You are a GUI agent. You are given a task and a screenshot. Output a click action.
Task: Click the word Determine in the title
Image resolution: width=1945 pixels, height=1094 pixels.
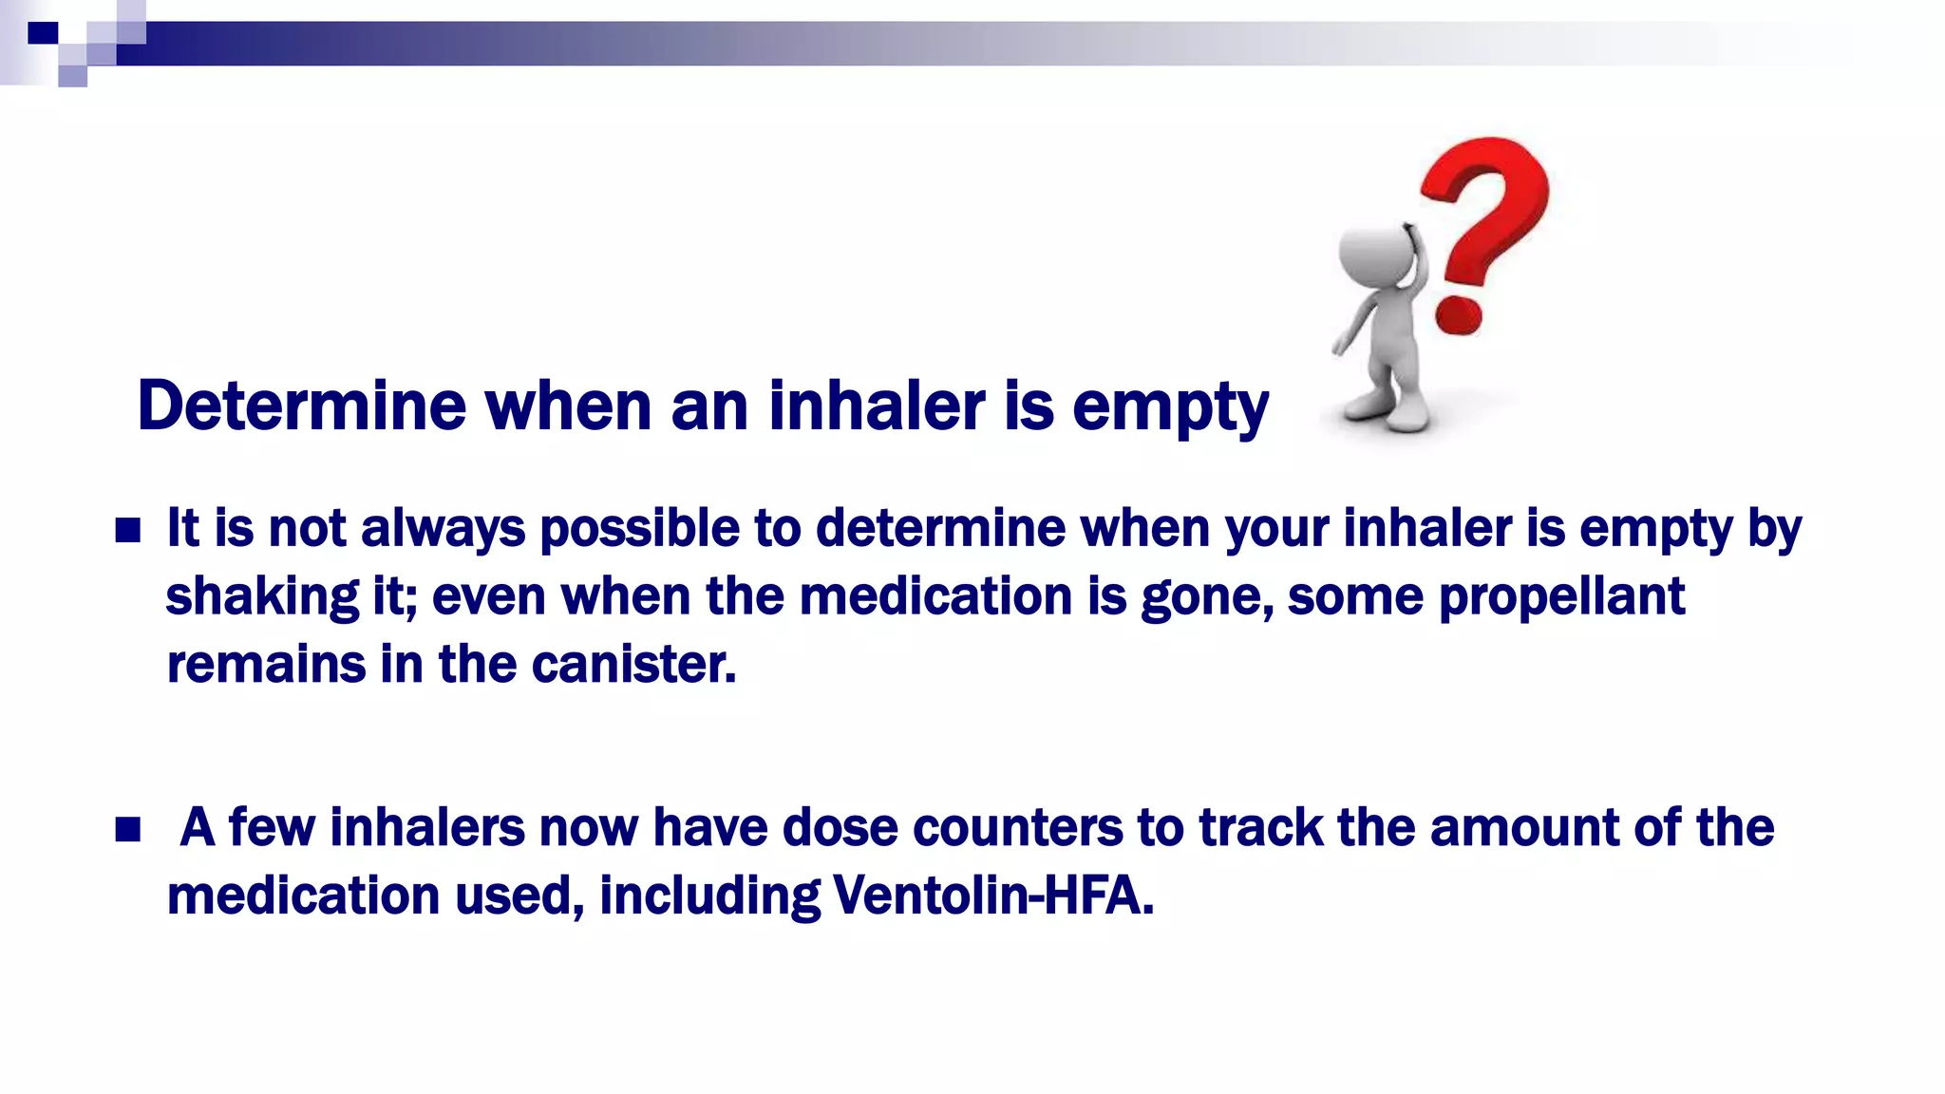pos(301,406)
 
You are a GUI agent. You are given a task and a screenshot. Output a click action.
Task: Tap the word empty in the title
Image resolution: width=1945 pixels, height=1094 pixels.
pos(1170,408)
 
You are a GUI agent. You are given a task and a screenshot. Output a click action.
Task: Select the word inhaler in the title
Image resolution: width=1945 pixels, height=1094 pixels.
pos(878,406)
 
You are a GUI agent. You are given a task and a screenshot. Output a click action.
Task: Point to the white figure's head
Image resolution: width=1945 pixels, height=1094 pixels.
pos(1374,254)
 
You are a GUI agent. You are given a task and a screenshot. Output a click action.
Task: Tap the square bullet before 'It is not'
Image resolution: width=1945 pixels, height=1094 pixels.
pos(127,530)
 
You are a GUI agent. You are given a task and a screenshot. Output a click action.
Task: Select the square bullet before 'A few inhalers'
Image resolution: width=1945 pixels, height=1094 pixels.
pos(127,830)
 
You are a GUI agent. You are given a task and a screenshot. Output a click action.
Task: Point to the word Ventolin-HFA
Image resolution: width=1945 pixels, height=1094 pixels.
pos(992,896)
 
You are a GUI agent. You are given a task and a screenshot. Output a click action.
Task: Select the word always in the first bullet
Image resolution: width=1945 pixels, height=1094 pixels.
pos(443,530)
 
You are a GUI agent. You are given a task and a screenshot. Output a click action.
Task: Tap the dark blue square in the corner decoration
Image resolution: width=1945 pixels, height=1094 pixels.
pos(43,34)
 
